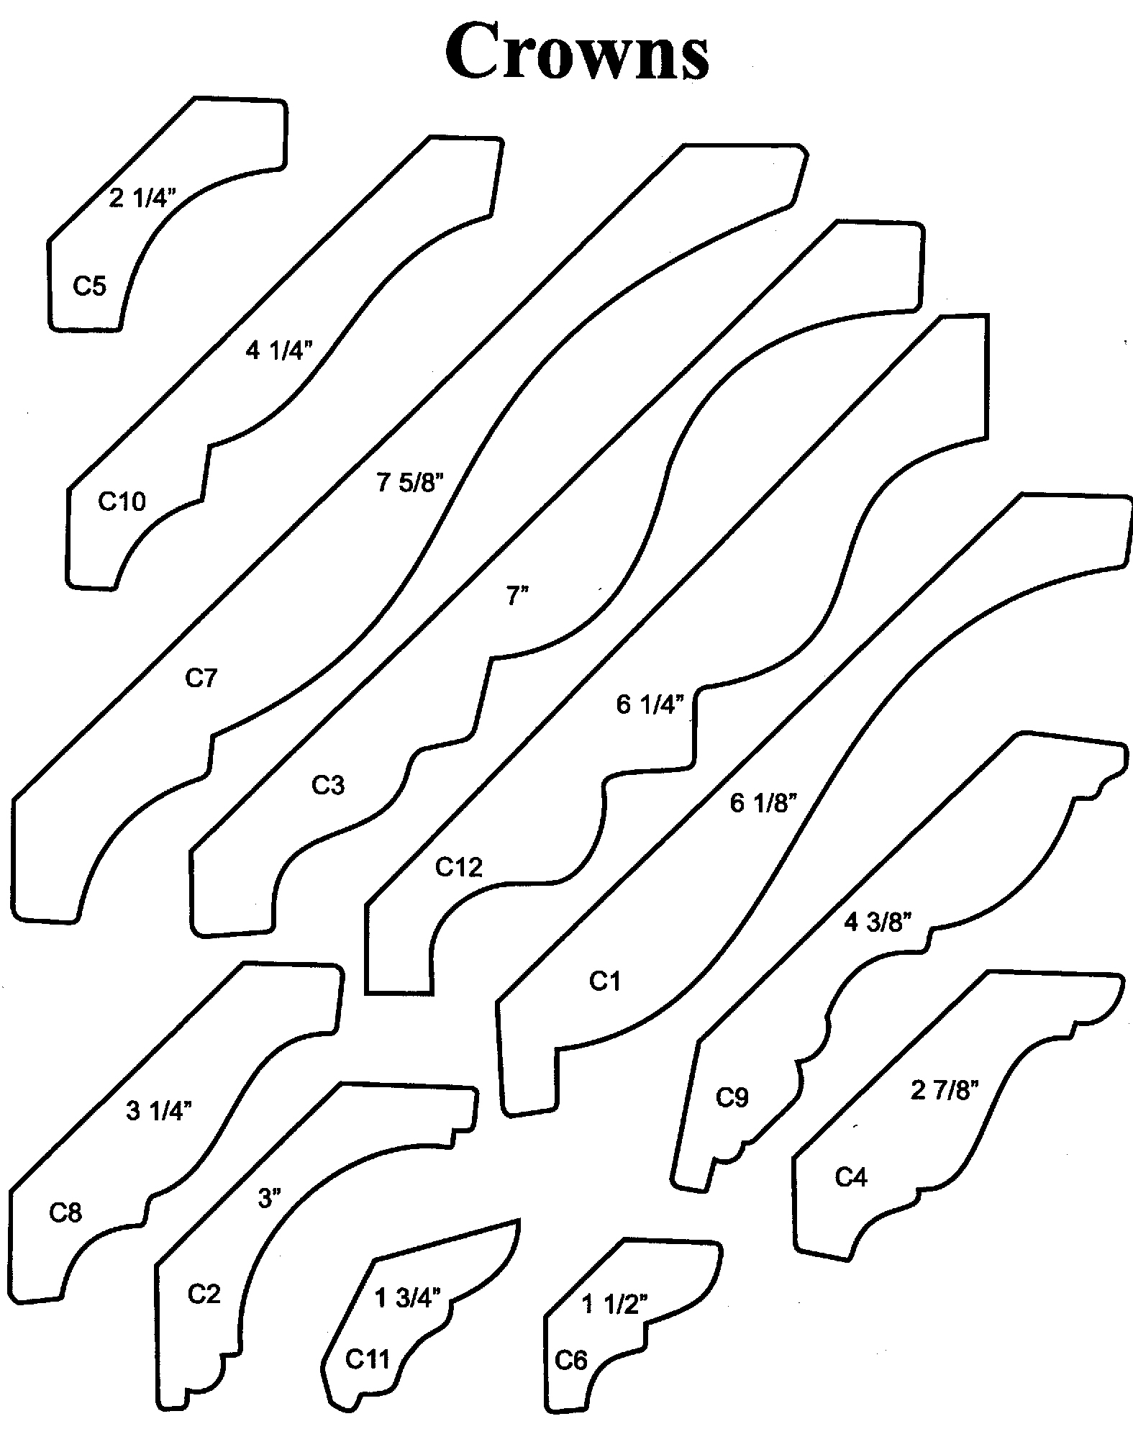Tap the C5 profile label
90,286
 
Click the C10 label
122,501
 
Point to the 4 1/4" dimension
280,350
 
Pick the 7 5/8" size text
407,482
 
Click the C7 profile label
201,677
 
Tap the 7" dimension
518,596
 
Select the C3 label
328,785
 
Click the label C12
458,868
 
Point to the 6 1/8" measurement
763,803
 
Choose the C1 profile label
604,981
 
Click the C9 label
732,1097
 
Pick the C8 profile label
65,1213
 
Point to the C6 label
571,1361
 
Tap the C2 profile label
204,1294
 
